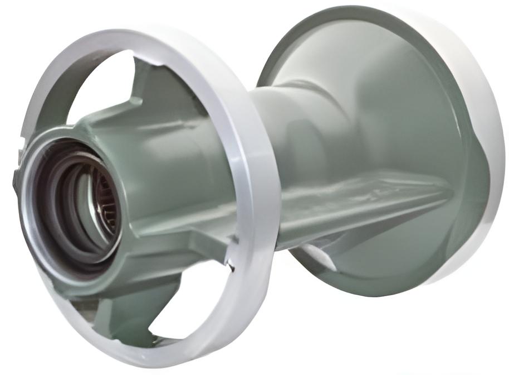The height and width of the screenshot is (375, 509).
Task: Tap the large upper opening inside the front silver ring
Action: click(95, 84)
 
